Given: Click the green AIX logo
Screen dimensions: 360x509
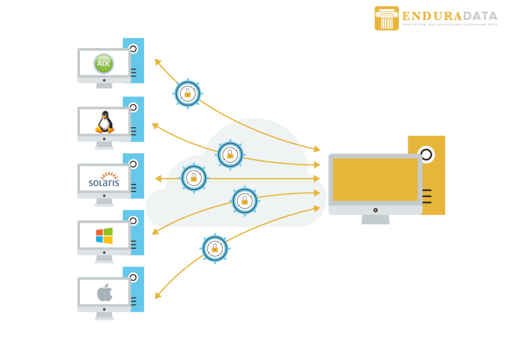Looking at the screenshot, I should click(103, 64).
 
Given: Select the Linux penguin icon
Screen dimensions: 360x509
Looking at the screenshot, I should click(104, 122).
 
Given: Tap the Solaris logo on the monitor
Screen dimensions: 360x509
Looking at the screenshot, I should click(104, 180).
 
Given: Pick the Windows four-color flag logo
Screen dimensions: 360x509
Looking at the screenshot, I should click(104, 235).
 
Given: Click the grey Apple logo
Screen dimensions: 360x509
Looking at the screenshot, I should click(104, 292).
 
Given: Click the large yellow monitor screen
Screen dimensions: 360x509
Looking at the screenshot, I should click(375, 180).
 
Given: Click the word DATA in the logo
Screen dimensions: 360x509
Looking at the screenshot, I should click(480, 16).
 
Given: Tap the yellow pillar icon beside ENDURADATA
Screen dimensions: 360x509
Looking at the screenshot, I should click(387, 18).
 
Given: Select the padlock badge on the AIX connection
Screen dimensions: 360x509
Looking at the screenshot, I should click(188, 93).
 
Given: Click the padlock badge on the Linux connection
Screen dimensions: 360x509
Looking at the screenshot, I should click(230, 154).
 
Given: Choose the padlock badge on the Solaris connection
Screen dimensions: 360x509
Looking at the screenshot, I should click(194, 178).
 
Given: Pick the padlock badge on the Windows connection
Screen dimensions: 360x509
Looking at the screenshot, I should click(244, 200).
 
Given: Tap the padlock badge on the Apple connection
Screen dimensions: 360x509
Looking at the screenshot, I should click(215, 248).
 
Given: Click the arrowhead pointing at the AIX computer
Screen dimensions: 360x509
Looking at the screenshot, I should click(157, 62).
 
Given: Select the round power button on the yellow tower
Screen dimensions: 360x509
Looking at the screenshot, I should click(426, 154).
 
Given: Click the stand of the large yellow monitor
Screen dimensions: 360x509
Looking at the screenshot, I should click(375, 219).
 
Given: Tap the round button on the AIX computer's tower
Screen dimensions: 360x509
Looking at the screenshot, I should click(133, 49).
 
